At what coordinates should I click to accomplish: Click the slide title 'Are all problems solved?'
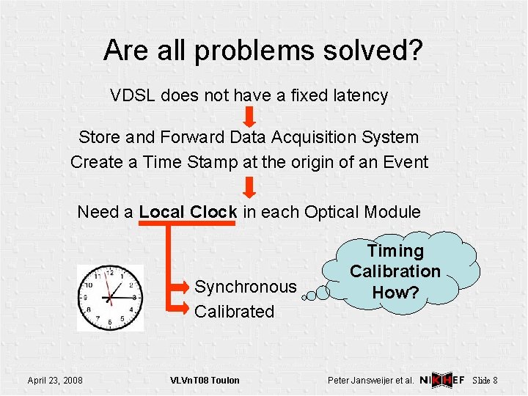point(263,51)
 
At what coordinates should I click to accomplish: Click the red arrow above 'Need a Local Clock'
point(249,186)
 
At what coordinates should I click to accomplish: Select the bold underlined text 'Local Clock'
point(188,213)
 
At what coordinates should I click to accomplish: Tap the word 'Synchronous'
point(245,287)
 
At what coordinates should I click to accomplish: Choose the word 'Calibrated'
point(234,312)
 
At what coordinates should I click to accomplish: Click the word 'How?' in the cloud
point(395,291)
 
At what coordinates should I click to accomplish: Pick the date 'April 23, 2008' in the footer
point(55,380)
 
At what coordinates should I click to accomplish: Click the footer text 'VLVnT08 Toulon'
point(205,380)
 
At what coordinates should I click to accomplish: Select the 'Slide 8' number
point(485,380)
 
